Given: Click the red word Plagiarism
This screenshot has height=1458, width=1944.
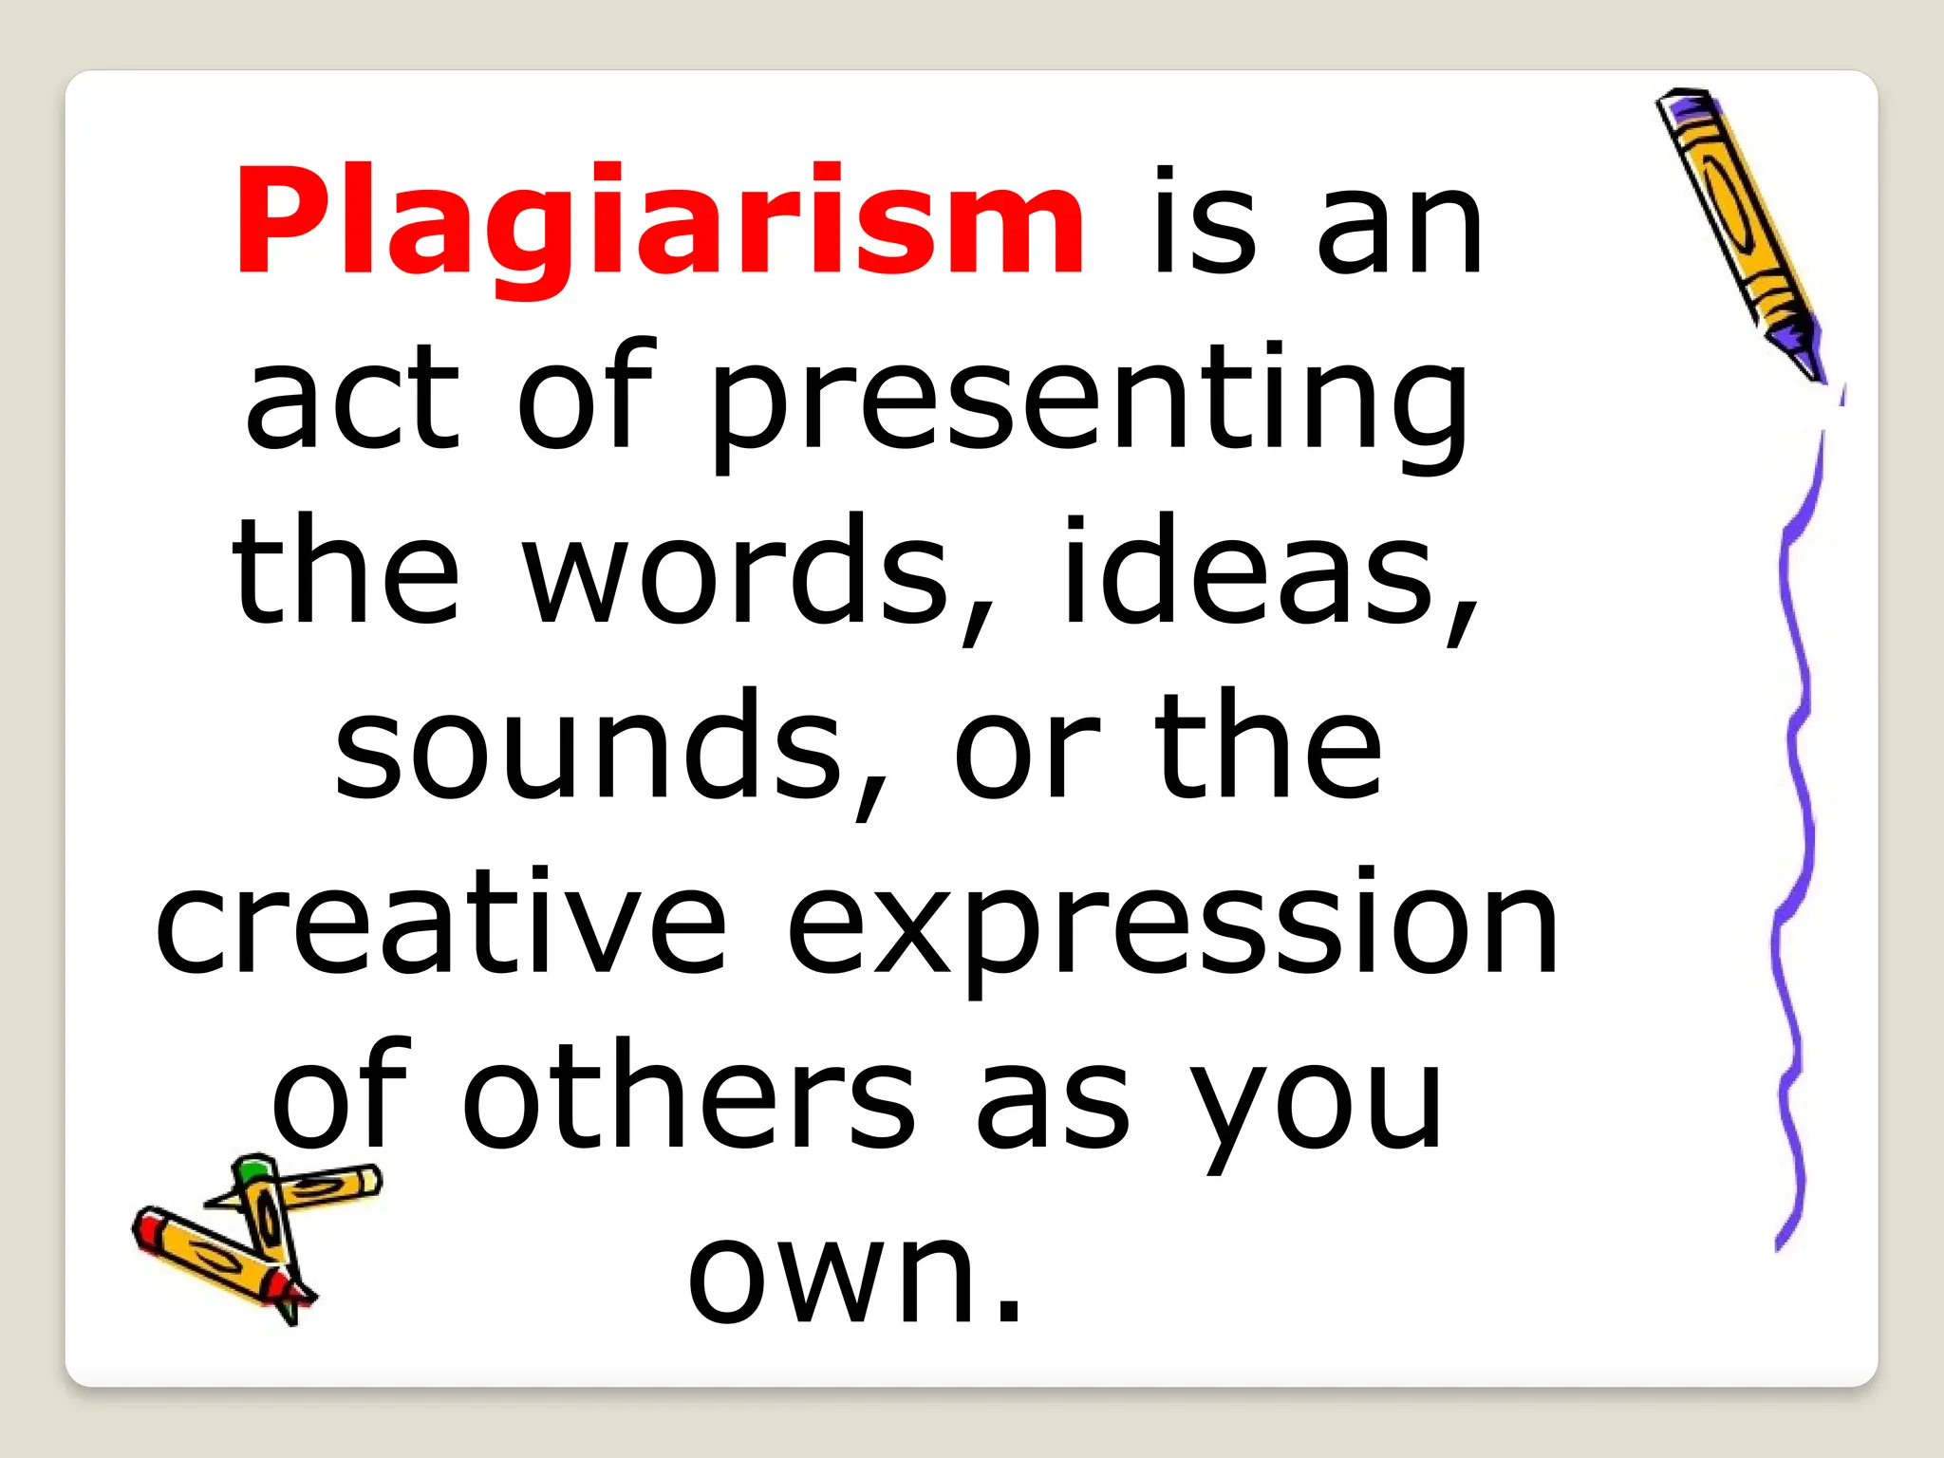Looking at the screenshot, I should pos(660,223).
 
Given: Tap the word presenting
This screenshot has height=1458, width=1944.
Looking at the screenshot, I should pos(1090,399).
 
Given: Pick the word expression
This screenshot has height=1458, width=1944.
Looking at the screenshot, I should pos(1172,925).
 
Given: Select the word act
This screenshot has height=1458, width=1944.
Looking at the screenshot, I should pos(352,399).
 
